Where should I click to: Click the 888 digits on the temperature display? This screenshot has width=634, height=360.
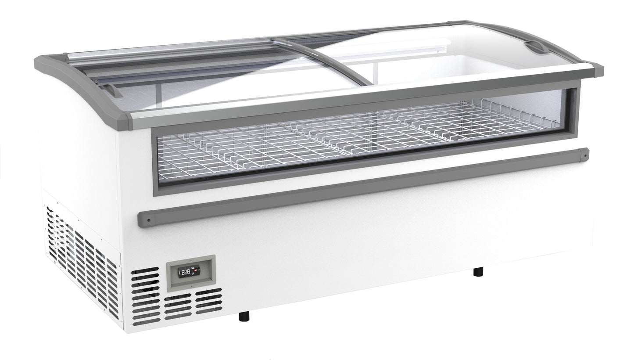click(x=186, y=272)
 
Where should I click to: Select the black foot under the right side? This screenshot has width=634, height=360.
click(x=478, y=272)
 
